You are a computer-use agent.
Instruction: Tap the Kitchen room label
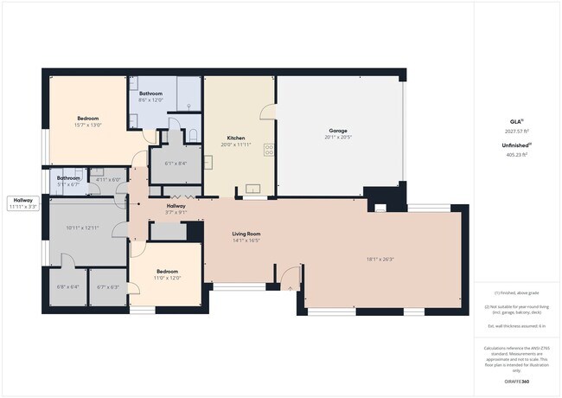pos(236,138)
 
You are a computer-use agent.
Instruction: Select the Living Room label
pos(246,234)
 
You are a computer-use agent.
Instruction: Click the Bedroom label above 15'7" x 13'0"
pos(87,119)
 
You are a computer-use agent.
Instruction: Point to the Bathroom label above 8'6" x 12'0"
pos(151,93)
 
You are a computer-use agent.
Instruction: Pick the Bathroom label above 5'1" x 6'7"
pos(68,178)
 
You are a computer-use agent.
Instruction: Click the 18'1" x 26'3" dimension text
pos(380,259)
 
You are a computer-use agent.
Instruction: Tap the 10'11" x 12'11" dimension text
pos(84,228)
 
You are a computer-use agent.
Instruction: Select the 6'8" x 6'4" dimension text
pos(67,286)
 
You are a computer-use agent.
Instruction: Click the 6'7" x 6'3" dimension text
pos(109,286)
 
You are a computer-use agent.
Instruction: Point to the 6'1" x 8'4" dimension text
pos(176,163)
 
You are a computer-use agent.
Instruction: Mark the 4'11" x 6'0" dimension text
pos(108,180)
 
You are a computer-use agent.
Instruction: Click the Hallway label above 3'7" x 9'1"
pos(176,206)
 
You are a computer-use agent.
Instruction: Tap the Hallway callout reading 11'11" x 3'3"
pos(22,204)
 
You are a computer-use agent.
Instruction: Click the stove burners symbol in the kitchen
pos(269,149)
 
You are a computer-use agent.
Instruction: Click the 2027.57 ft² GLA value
pos(515,132)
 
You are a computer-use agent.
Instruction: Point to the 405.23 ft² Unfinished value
pos(515,155)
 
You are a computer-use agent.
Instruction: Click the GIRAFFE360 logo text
pos(515,382)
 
